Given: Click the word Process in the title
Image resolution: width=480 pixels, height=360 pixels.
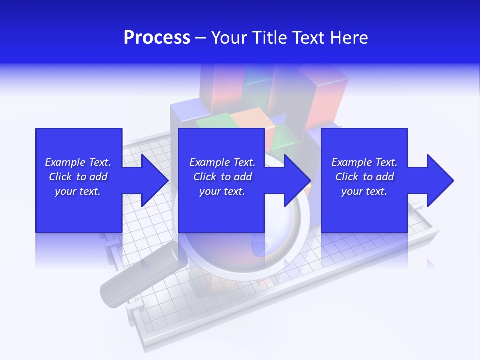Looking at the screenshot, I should pos(157,38).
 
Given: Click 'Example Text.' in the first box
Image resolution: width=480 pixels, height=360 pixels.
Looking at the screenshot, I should pos(78,162).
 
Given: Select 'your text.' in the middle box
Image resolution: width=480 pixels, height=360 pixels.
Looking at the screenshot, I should pos(222,191).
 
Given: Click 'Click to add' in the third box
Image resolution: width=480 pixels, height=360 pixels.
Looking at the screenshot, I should pos(364,177).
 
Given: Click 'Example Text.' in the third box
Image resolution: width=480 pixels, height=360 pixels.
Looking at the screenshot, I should pos(364,162).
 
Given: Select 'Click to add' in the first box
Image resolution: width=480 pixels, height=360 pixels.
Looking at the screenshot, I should pos(78,177).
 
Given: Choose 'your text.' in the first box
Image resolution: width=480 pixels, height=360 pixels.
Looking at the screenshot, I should pos(78,191).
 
